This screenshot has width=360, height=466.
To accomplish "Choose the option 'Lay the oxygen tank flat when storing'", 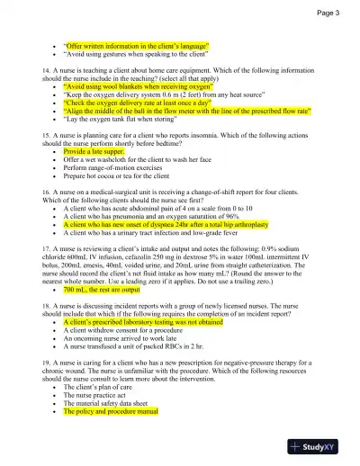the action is pyautogui.click(x=121, y=118).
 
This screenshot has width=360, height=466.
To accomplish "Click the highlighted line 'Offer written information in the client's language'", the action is pyautogui.click(x=136, y=45).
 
